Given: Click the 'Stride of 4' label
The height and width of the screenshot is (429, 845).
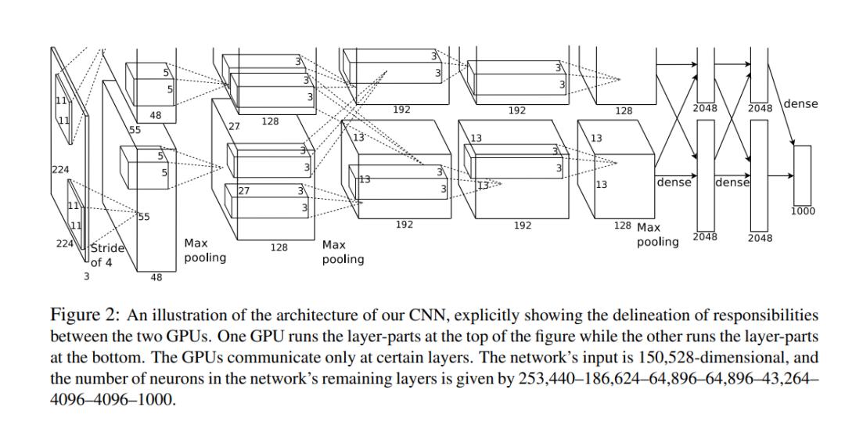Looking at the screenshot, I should point(106,255).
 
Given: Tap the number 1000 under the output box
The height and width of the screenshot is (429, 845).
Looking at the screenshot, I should point(803,211).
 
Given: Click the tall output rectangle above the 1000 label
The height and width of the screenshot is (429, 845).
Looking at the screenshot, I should point(802,174).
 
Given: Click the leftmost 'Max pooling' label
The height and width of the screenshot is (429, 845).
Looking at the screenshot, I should point(205,251).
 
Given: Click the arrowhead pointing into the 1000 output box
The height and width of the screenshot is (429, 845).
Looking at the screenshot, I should point(791,144).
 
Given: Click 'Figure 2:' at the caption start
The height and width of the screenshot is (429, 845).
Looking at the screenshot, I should point(84,316).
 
